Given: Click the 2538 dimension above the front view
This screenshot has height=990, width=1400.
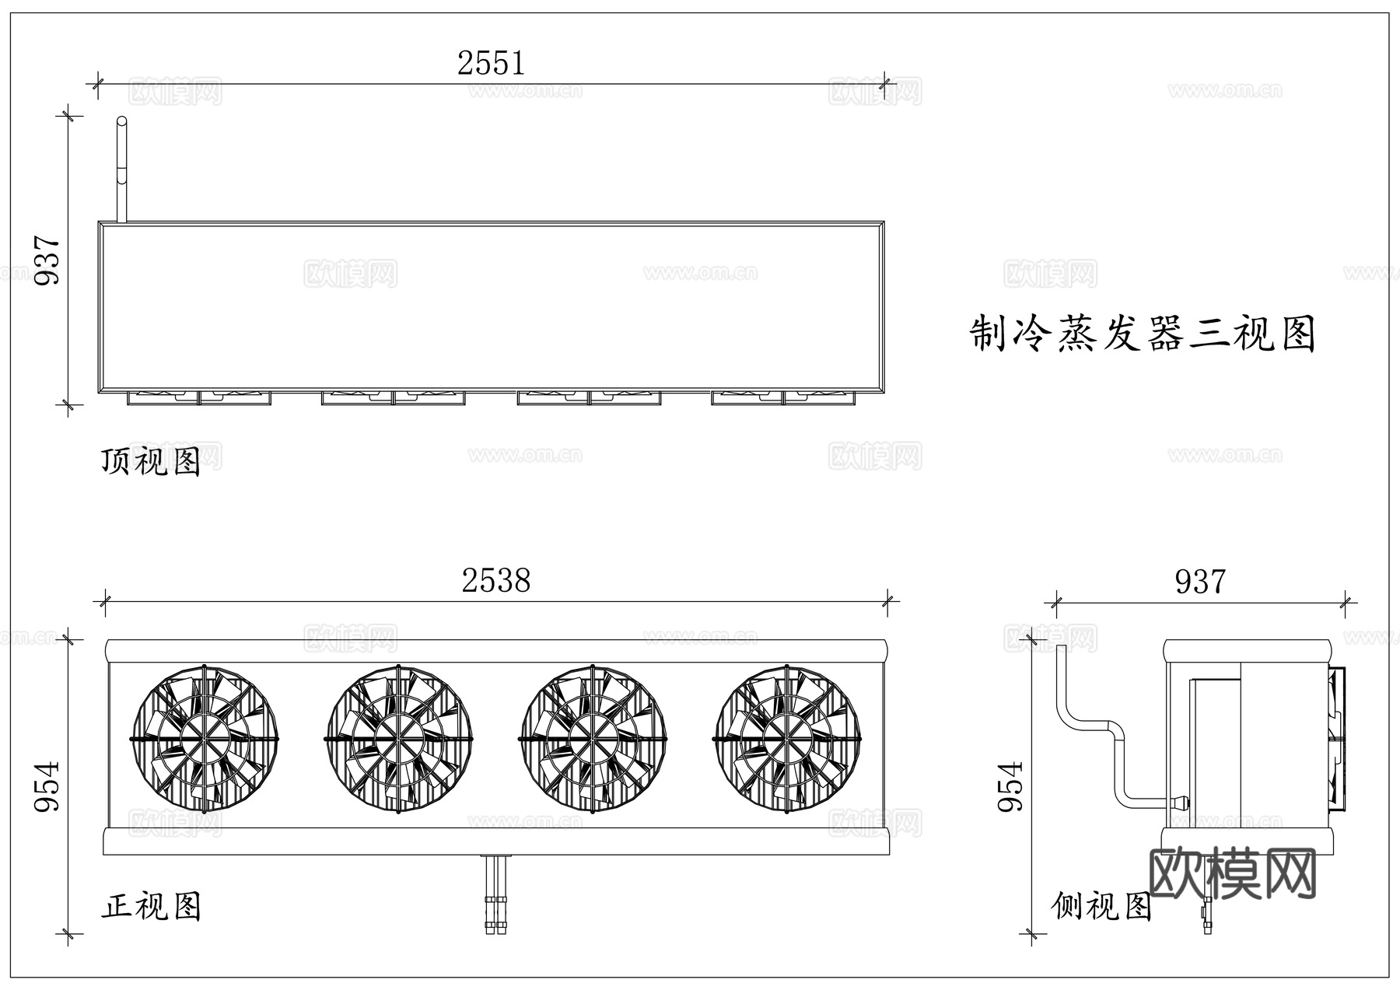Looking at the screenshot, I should (x=495, y=581).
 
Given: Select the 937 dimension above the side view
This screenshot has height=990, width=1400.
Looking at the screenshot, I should (x=1199, y=582).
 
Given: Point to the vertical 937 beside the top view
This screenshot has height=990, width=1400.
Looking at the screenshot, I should (x=47, y=260).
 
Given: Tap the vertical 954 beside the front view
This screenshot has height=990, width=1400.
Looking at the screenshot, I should (x=47, y=785).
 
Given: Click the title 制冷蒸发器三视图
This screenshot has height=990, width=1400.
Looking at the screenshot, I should (x=1142, y=334).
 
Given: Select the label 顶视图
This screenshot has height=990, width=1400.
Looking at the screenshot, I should (x=151, y=462).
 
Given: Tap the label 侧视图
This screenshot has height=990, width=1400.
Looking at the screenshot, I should (x=1101, y=906).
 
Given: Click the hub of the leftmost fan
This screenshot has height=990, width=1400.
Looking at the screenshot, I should (x=204, y=738).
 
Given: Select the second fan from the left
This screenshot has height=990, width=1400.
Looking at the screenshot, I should (x=398, y=738).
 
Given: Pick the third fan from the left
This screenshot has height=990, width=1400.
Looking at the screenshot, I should (x=593, y=738).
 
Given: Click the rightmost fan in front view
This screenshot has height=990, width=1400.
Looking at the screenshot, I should (x=787, y=738).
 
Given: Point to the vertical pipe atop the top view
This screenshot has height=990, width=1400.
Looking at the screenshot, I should (x=121, y=167).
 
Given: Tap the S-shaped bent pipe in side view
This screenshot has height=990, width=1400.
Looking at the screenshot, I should (x=1089, y=723).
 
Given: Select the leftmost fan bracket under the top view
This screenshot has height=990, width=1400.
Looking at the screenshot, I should (x=163, y=398).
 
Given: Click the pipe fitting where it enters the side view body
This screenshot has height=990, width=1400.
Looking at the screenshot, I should (x=1181, y=801).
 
